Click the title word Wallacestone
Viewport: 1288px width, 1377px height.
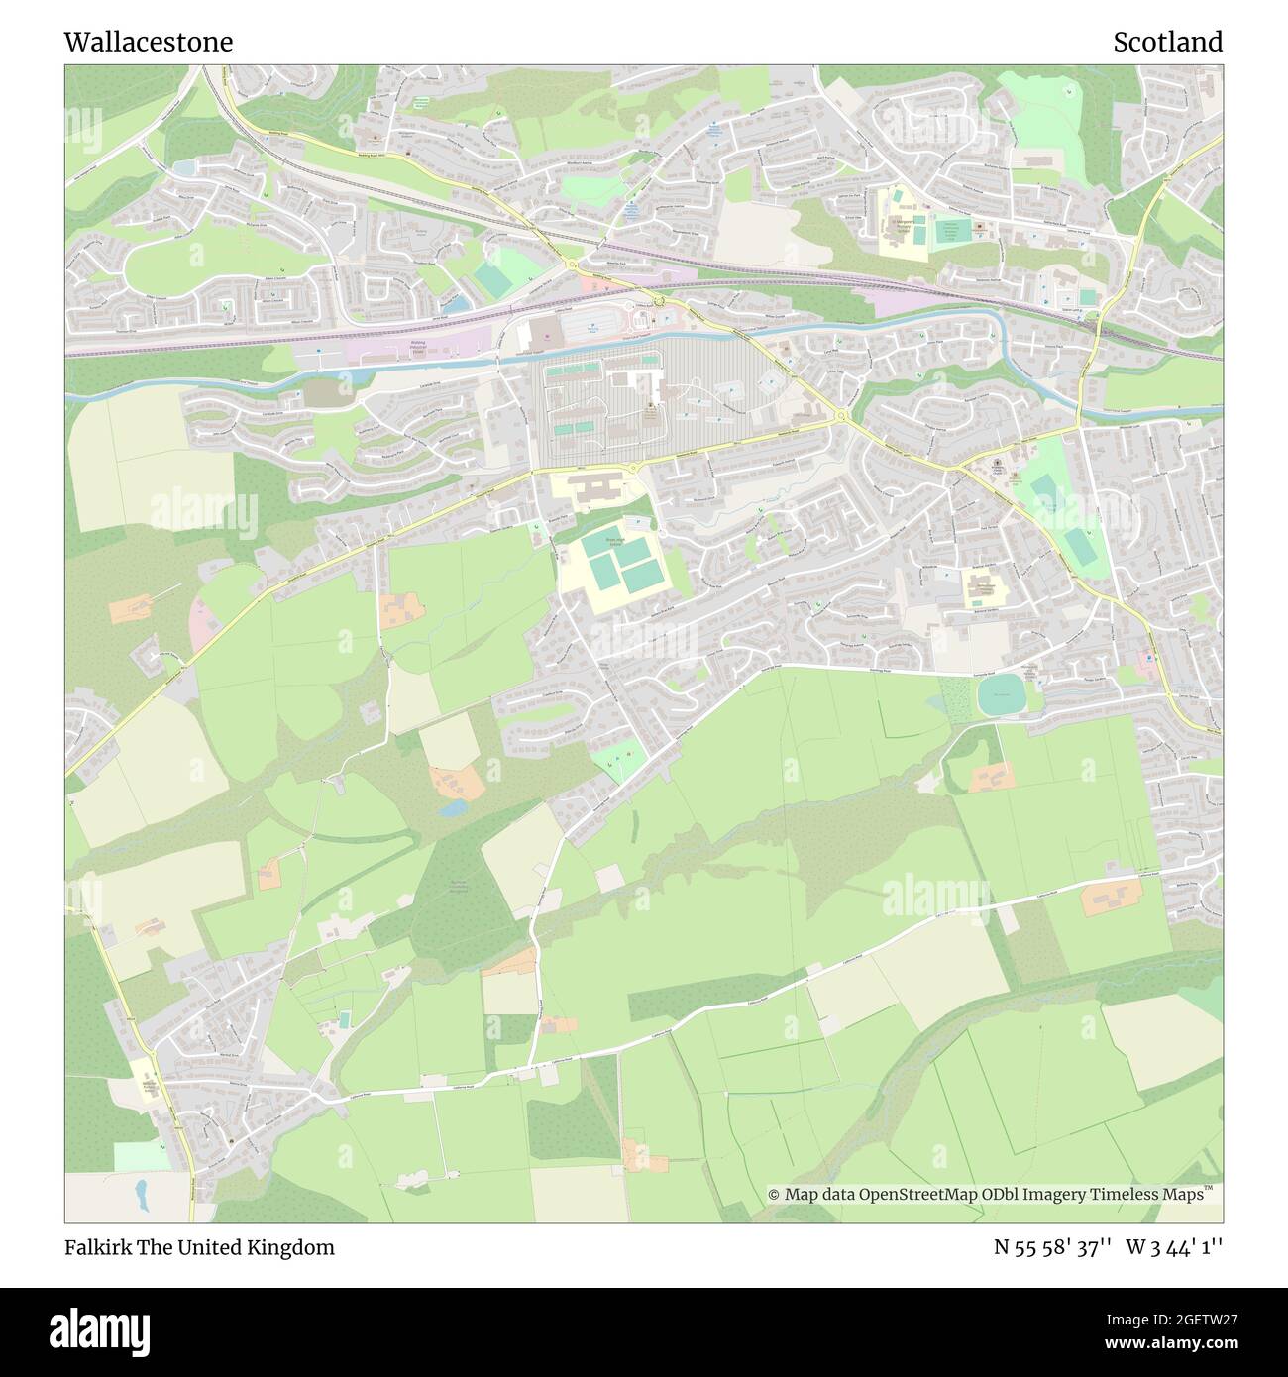tap(149, 42)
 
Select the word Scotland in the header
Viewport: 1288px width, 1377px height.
tap(1167, 42)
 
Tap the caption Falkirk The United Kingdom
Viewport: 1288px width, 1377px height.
tap(199, 1247)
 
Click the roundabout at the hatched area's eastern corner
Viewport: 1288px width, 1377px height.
tap(842, 417)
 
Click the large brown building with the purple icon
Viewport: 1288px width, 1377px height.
tap(543, 333)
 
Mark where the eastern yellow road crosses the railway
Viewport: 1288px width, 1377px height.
tap(1095, 318)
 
